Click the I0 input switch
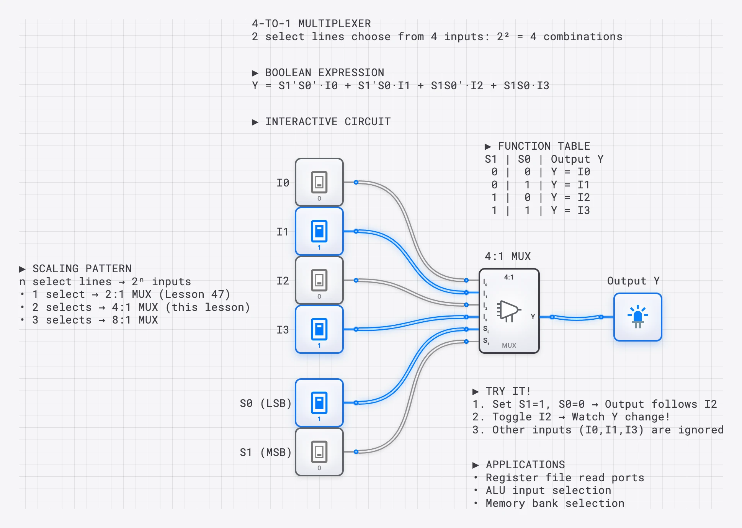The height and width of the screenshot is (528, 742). (319, 182)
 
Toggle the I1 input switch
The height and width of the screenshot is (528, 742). (319, 231)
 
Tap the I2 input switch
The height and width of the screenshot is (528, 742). (319, 280)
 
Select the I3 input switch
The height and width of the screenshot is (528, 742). (319, 329)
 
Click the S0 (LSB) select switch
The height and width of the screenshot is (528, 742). (319, 403)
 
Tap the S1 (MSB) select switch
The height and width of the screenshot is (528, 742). (319, 452)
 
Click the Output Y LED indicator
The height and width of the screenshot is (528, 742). (637, 317)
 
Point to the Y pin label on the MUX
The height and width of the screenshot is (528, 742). (533, 317)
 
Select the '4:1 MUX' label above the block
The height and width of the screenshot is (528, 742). (508, 256)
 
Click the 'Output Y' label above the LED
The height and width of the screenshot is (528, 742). (633, 281)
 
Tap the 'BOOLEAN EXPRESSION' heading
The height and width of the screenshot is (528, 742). (324, 72)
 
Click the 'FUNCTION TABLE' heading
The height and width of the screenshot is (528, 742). (544, 146)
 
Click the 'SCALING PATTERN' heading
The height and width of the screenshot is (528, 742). (82, 268)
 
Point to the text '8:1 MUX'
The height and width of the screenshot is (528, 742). (135, 320)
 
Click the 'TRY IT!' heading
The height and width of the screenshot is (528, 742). (508, 391)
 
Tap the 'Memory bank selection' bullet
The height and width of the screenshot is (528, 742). (555, 503)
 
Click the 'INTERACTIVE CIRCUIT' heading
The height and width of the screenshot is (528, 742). (328, 121)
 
